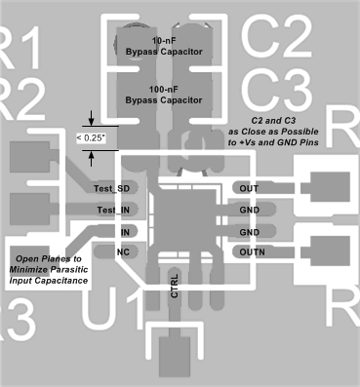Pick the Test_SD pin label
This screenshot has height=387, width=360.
[111, 187]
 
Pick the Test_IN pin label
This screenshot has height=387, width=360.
[112, 210]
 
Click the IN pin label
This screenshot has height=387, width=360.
[125, 232]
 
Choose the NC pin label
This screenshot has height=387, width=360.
[124, 252]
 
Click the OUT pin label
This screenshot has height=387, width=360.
[249, 187]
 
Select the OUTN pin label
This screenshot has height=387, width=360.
[251, 252]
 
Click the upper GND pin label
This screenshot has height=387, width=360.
[250, 210]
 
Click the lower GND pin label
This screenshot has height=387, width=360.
[250, 232]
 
